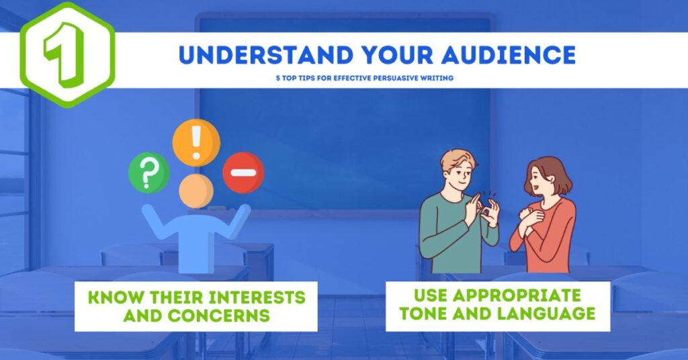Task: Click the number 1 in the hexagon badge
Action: click(x=65, y=53)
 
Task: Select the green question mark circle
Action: click(x=148, y=173)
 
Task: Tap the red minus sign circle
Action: click(x=243, y=173)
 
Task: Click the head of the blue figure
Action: click(x=196, y=191)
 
